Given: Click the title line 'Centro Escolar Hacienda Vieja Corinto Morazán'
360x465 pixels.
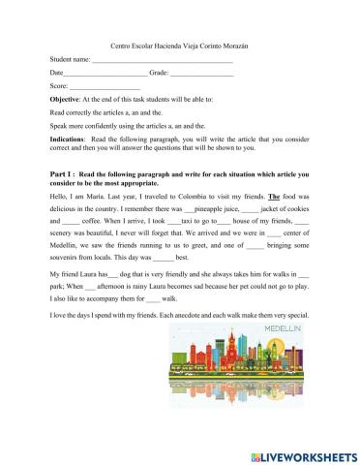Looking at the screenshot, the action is pos(179,46).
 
